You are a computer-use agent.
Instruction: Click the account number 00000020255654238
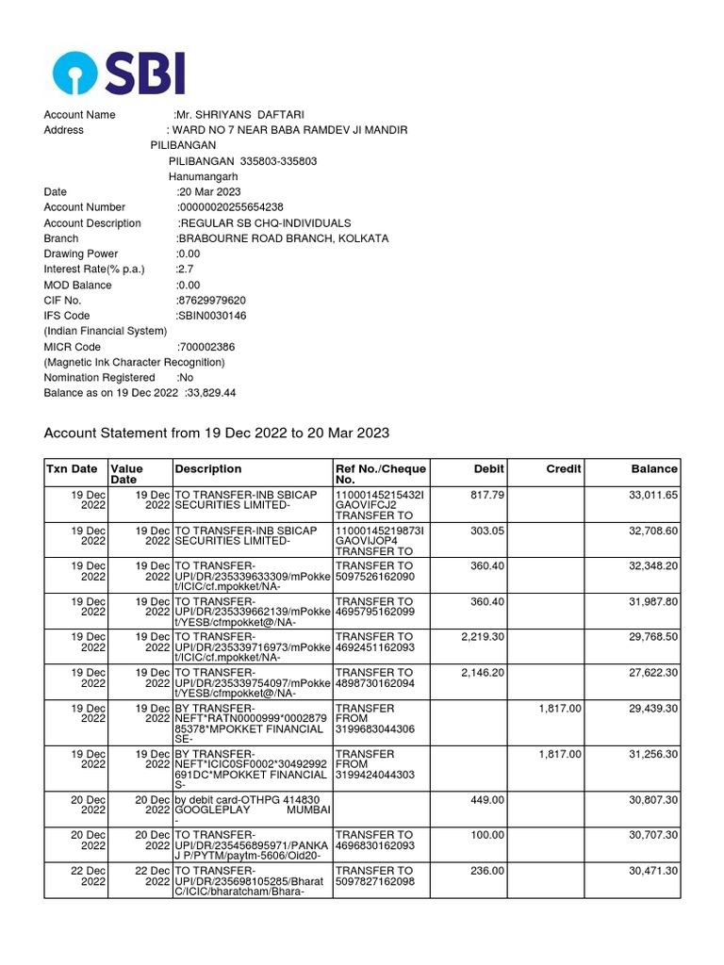click(231, 207)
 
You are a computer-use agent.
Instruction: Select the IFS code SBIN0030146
click(211, 316)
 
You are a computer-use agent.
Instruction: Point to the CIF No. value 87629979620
click(211, 300)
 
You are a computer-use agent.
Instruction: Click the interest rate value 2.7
click(186, 269)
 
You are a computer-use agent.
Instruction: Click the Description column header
click(208, 468)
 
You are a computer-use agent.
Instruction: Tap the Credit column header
click(564, 468)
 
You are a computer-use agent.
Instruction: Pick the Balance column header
click(654, 468)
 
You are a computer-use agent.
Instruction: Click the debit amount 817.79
click(487, 491)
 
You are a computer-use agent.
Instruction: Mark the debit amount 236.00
click(487, 871)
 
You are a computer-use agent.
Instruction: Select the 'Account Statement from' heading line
click(217, 433)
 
